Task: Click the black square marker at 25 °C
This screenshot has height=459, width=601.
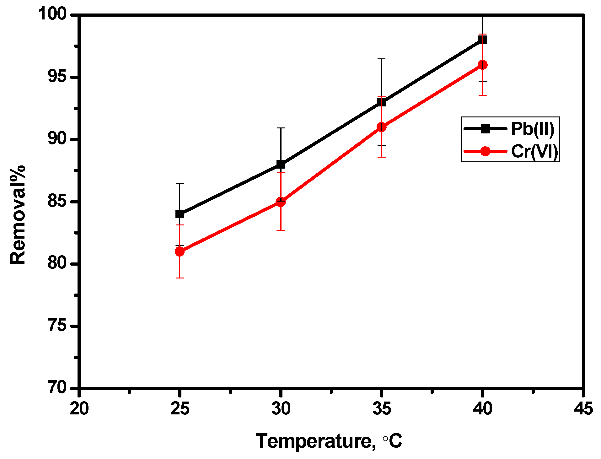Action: coord(180,214)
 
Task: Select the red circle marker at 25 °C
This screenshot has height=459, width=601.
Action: coord(180,251)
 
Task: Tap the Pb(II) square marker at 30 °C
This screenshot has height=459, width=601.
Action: coord(281,164)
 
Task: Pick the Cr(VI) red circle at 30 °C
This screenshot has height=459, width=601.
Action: coord(281,202)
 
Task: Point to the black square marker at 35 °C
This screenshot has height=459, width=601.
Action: coord(381,102)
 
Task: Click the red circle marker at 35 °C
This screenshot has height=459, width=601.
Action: coord(381,127)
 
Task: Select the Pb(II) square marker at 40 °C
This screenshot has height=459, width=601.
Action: coord(482,40)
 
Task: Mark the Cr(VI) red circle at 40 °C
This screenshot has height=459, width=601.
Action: coord(482,65)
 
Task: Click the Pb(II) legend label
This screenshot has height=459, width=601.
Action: coord(533,129)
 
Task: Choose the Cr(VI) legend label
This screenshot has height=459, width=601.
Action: coord(534,151)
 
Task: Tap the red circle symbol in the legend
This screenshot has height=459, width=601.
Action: coord(485,151)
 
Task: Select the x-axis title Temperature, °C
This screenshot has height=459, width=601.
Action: coord(329,441)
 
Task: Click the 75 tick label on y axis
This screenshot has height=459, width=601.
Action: coord(57,326)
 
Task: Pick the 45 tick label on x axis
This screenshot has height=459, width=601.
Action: coord(583,409)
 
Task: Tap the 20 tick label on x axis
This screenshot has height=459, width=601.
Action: coord(79,409)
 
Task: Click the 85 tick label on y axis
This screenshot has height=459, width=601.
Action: coord(57,201)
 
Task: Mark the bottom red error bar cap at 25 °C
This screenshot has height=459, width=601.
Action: coord(180,278)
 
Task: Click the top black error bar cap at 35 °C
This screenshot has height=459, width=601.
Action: coord(381,59)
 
